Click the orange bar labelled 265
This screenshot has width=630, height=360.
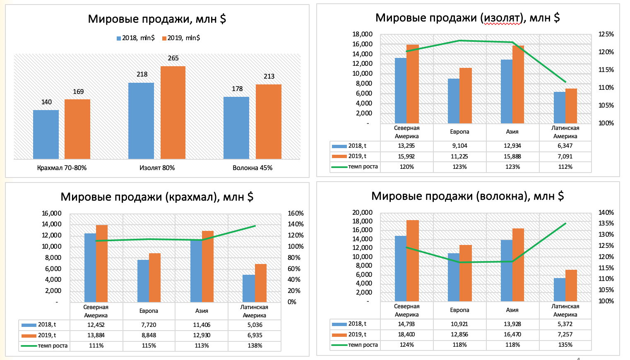pyautogui.click(x=173, y=113)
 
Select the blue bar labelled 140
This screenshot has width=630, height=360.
pyautogui.click(x=46, y=134)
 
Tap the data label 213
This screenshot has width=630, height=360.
pyautogui.click(x=269, y=77)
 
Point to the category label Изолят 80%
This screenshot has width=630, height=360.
pyautogui.click(x=157, y=168)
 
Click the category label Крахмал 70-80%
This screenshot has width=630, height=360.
pyautogui.click(x=62, y=168)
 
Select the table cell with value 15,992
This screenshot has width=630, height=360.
pyautogui.click(x=406, y=156)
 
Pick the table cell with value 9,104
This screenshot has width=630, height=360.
pyautogui.click(x=459, y=146)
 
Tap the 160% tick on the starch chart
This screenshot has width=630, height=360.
pyautogui.click(x=296, y=214)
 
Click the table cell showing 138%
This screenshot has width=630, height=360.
pyautogui.click(x=255, y=346)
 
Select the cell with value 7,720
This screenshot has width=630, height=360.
pyautogui.click(x=149, y=325)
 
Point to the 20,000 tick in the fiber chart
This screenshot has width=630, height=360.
pyautogui.click(x=362, y=213)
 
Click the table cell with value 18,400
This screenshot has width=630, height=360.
pyautogui.click(x=406, y=334)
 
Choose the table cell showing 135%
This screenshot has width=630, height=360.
pyautogui.click(x=565, y=345)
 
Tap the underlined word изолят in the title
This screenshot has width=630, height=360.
pyautogui.click(x=501, y=18)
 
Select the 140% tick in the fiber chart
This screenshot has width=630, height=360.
pyautogui.click(x=606, y=213)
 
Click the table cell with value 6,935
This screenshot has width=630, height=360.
pyautogui.click(x=255, y=335)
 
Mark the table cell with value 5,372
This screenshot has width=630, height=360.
pyautogui.click(x=565, y=324)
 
